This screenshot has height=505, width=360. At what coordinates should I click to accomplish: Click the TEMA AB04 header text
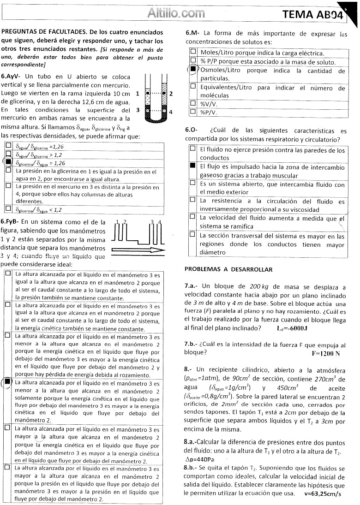pos(314,15)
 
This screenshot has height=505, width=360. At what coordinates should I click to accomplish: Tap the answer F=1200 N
pos(326,354)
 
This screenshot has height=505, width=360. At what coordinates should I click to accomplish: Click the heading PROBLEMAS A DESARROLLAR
pos(228,269)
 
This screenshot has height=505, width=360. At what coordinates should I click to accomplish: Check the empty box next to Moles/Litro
pos(193,53)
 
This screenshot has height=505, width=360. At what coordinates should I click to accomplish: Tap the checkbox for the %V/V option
pos(193,104)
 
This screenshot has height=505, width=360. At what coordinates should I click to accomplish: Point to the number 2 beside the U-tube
pos(171,94)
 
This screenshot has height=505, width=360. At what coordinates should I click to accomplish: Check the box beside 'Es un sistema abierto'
pos(193,183)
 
